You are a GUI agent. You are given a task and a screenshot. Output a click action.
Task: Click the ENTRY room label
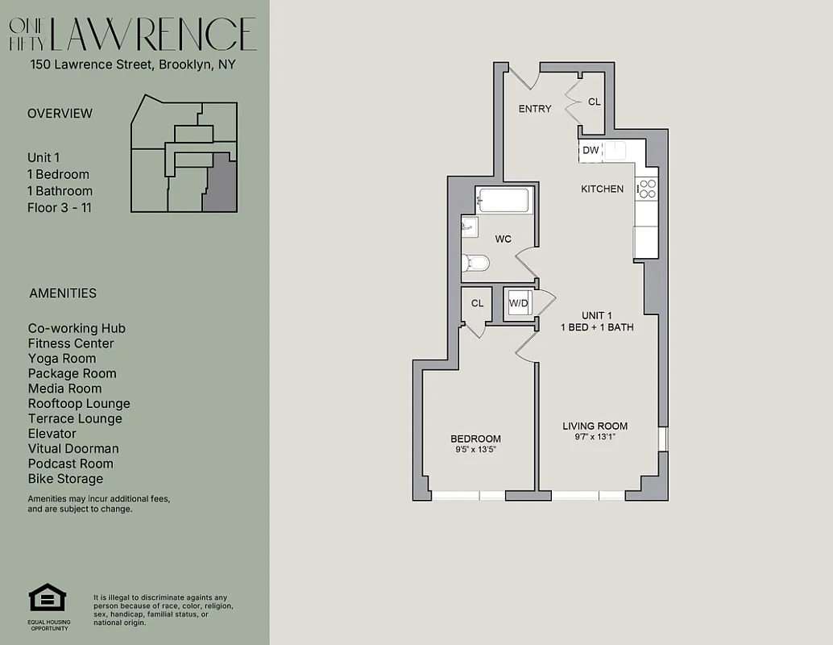tap(535, 109)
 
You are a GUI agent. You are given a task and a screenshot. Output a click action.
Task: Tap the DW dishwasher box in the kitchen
tap(591, 150)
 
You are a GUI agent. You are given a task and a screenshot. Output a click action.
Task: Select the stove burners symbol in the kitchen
tap(647, 189)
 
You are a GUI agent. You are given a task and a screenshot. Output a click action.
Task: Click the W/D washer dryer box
tap(518, 304)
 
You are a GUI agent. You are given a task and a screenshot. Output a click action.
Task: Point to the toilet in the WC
tap(475, 263)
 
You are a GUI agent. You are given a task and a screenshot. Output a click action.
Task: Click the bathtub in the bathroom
tap(503, 201)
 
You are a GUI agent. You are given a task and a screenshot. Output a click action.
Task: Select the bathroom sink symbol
tap(470, 227)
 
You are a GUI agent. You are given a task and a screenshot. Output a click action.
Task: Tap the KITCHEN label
tap(603, 189)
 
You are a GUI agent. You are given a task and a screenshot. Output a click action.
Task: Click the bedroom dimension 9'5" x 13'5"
tap(475, 450)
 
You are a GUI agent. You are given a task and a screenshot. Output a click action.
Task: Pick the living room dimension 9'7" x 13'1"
tap(595, 437)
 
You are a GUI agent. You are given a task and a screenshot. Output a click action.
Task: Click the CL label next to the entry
tap(595, 102)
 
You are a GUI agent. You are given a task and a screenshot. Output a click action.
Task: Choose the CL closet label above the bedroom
tap(478, 303)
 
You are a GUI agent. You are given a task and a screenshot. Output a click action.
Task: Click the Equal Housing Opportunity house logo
tap(47, 598)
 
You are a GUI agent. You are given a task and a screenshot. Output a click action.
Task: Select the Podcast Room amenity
tap(70, 464)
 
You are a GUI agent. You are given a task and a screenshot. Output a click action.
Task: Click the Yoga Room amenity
tap(62, 359)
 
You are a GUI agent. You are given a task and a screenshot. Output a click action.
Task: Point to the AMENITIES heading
tap(63, 293)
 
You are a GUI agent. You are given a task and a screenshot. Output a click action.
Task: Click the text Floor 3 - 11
tap(60, 208)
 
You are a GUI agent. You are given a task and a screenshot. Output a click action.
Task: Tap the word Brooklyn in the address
tap(184, 64)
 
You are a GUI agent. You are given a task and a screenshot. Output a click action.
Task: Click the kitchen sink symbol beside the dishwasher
tap(616, 150)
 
